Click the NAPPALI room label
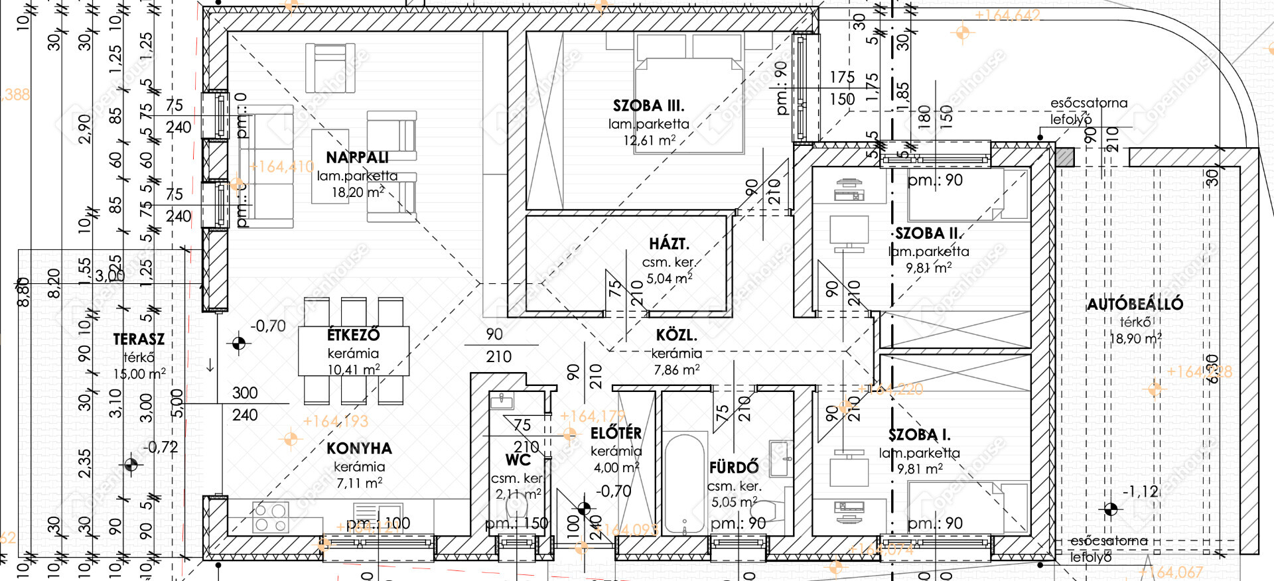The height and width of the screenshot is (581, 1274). [357, 158]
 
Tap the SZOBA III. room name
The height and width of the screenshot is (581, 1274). [648, 106]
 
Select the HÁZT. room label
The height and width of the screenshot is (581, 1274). [669, 244]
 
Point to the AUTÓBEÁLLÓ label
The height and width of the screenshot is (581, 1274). [1135, 304]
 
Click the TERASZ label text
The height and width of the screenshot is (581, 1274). [139, 340]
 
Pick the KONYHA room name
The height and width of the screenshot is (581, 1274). [359, 449]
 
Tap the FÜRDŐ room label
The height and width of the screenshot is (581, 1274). [733, 468]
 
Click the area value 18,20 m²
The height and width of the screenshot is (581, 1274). [358, 193]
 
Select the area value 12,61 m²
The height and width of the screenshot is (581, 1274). [649, 141]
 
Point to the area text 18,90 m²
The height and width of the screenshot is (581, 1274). [1135, 339]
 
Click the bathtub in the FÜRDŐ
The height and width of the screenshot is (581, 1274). [684, 483]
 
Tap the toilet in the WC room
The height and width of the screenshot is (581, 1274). [516, 508]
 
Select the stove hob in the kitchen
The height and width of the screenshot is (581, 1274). [271, 517]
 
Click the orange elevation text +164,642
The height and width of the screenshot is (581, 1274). [1007, 15]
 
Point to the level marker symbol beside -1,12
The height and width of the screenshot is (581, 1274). [1110, 509]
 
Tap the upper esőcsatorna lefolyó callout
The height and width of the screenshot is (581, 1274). [1088, 111]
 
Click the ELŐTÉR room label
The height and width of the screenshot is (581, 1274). [616, 434]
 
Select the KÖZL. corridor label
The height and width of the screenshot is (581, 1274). [675, 336]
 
